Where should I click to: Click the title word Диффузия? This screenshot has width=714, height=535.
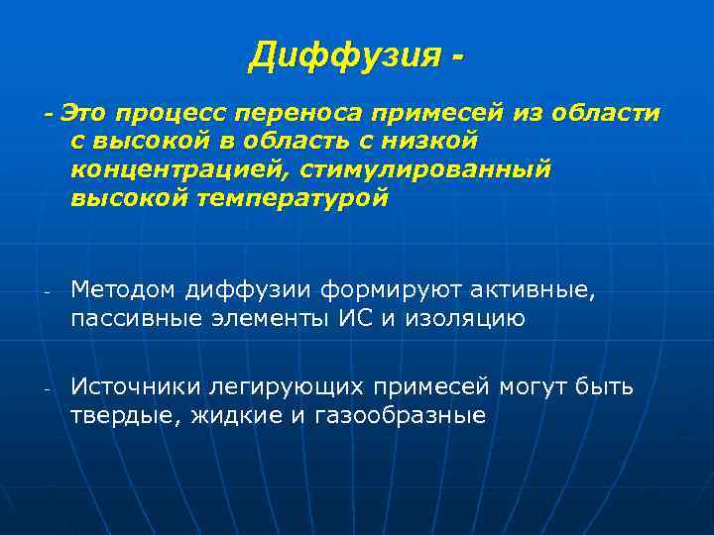341,55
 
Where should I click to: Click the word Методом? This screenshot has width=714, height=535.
123,289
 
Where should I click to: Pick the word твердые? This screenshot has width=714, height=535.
117,414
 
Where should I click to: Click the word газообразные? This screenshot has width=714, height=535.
399,414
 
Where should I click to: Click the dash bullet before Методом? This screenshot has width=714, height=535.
47,291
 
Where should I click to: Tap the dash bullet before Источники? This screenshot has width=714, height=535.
47,387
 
